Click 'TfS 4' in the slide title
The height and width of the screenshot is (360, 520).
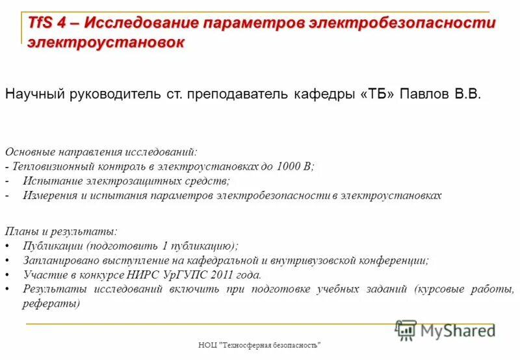(47, 23)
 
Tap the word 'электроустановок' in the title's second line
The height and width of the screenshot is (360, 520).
(105, 43)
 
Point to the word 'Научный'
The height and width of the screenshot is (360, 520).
(32, 95)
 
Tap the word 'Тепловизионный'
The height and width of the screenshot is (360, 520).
(52, 166)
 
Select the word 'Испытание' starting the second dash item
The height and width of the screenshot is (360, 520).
(49, 181)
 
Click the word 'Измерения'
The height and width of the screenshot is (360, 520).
(51, 195)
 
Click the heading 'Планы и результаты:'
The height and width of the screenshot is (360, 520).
(61, 231)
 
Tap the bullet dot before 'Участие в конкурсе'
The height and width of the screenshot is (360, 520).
(7, 275)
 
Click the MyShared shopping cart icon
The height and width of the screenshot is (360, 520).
(406, 329)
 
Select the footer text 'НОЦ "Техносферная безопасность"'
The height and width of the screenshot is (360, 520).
(260, 345)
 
